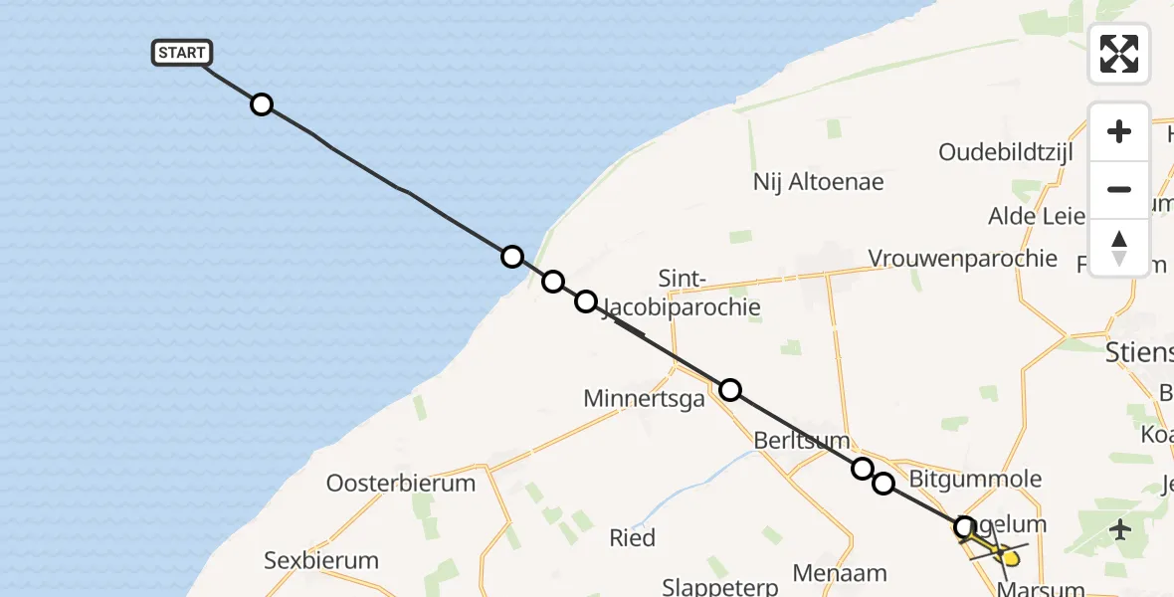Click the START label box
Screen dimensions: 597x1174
click(x=182, y=53)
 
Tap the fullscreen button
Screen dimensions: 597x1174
click(x=1119, y=54)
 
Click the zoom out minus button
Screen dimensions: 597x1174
click(x=1119, y=189)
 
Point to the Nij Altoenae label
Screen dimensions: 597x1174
click(x=818, y=182)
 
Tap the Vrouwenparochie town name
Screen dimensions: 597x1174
click(x=962, y=259)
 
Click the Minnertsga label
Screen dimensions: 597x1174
click(x=644, y=399)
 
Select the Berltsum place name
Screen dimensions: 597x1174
click(x=801, y=440)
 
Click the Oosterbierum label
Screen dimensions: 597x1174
click(x=401, y=484)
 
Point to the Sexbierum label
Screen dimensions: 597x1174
click(x=321, y=560)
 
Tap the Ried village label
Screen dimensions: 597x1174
click(x=632, y=538)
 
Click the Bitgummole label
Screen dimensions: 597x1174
click(x=975, y=479)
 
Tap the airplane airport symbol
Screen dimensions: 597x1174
click(x=1121, y=528)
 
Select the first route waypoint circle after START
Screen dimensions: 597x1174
click(x=261, y=104)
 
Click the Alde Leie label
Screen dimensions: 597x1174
click(x=1036, y=216)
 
